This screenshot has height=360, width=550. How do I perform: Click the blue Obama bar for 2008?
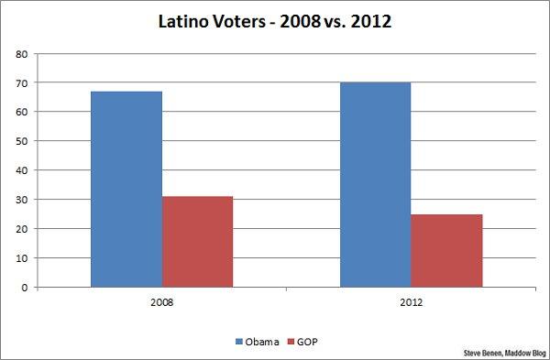[x=126, y=189]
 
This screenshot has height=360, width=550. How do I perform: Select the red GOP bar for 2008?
[x=197, y=242]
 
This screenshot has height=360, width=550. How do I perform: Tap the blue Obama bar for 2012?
[x=376, y=184]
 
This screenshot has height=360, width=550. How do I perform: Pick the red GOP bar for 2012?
[x=446, y=250]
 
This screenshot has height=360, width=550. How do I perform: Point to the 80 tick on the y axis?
[x=20, y=53]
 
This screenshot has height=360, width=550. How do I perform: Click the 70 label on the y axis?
[x=20, y=82]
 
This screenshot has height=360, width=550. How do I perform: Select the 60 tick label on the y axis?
[x=20, y=112]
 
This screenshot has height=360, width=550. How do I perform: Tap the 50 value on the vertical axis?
[x=20, y=141]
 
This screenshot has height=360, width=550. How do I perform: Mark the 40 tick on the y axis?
[x=20, y=170]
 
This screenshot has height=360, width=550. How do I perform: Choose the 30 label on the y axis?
[x=20, y=200]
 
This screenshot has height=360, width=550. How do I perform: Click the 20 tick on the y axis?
[x=20, y=229]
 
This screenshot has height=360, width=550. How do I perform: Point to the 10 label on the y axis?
[x=20, y=258]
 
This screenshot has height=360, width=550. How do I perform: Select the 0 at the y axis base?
[x=23, y=288]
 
